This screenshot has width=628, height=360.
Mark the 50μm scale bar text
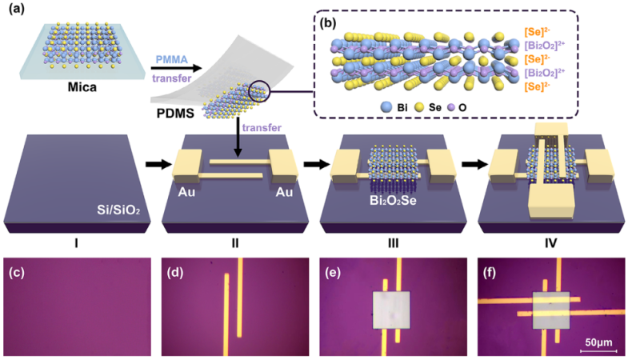click(597, 342)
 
